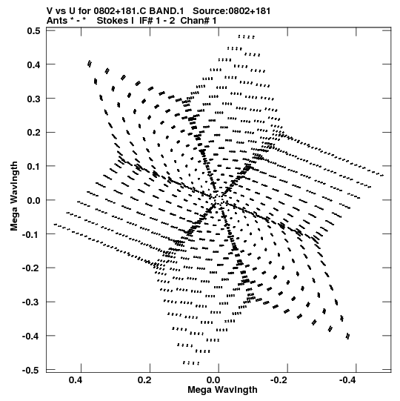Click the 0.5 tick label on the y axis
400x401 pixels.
pyautogui.click(x=34, y=31)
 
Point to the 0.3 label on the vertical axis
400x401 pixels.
pyautogui.click(x=34, y=99)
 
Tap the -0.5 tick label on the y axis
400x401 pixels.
pyautogui.click(x=31, y=371)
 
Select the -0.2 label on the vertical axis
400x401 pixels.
pyautogui.click(x=31, y=268)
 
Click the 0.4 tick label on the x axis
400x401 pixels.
pyautogui.click(x=76, y=380)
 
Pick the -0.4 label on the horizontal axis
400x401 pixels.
pyautogui.click(x=347, y=380)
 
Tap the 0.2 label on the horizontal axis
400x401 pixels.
pyautogui.click(x=144, y=380)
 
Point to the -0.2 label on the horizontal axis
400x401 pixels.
pyautogui.click(x=279, y=380)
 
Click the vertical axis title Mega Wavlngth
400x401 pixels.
pyautogui.click(x=14, y=196)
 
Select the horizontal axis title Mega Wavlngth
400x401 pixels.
pyautogui.click(x=222, y=390)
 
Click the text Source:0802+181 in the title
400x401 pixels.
pyautogui.click(x=232, y=11)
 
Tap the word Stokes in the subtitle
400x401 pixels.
pyautogui.click(x=112, y=21)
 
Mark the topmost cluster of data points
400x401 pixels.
pyautogui.click(x=247, y=37)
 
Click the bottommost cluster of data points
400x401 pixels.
pyautogui.click(x=191, y=362)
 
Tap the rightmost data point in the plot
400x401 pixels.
pyautogui.click(x=383, y=176)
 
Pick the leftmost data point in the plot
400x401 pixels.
pyautogui.click(x=55, y=225)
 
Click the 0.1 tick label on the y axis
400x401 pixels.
pyautogui.click(x=34, y=167)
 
